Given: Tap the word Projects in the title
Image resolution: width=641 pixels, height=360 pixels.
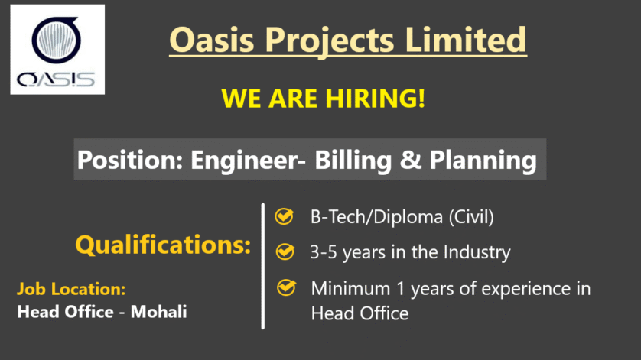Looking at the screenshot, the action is click(x=330, y=41).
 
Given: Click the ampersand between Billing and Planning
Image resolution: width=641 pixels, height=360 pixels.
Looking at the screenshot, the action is click(x=411, y=160).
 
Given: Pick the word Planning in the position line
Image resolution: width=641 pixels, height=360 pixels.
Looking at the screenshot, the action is click(x=483, y=161).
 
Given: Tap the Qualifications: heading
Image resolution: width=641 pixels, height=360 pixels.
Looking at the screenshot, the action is click(x=163, y=245).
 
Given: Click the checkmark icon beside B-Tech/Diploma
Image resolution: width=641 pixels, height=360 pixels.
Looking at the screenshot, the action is click(x=284, y=216).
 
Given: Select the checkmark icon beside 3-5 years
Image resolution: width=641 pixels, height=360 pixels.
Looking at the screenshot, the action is click(x=285, y=251).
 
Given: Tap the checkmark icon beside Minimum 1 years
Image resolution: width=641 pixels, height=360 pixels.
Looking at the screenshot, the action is click(x=286, y=287).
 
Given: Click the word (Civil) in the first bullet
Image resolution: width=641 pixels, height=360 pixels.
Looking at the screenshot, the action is click(x=471, y=217).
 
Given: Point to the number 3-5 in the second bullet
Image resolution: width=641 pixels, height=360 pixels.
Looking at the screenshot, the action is click(x=324, y=252).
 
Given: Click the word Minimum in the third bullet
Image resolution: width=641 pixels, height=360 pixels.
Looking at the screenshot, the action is click(x=351, y=288).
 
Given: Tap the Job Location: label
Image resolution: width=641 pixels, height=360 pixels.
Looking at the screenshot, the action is click(x=71, y=289).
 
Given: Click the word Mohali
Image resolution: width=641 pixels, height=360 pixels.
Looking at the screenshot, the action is click(x=158, y=312).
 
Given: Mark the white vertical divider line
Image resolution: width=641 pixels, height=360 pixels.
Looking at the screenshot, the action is click(x=263, y=266).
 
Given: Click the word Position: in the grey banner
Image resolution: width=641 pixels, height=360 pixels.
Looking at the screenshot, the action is click(x=130, y=160).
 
